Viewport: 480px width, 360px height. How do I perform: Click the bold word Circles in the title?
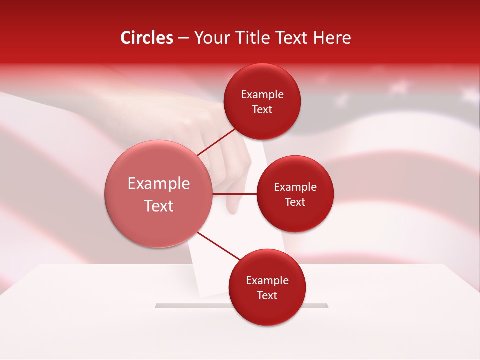(147, 38)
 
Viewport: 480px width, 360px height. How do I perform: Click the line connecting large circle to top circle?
(217, 142)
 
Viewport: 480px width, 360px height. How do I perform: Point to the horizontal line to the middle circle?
(235, 194)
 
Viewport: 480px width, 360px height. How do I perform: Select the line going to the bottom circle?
(219, 246)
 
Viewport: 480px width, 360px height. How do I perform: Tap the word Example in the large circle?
(159, 184)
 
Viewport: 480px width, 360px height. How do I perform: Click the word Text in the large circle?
(159, 206)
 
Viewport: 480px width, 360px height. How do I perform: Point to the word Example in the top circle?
(262, 94)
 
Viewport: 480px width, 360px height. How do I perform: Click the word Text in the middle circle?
(295, 202)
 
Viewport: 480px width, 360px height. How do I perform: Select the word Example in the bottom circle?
(267, 280)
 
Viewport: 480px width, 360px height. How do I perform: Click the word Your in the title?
(210, 38)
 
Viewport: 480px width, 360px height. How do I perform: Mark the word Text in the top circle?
(262, 109)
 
